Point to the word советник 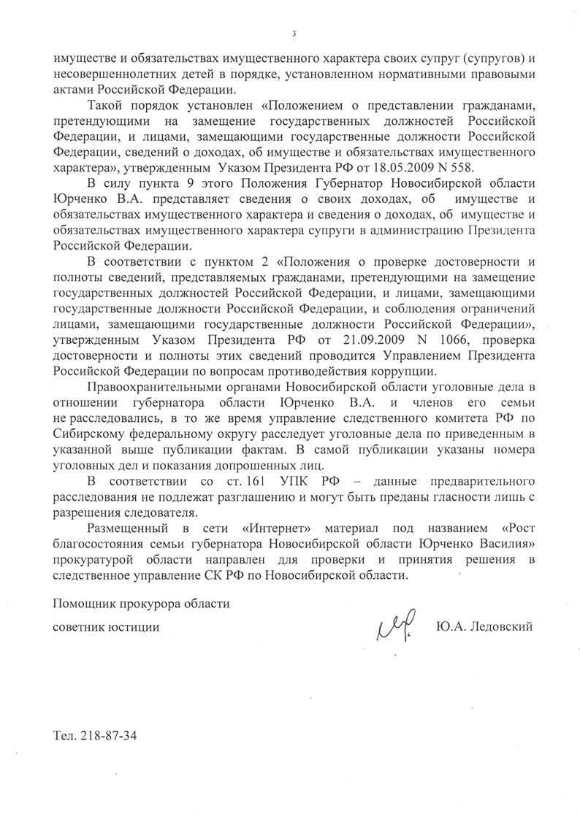80,627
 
